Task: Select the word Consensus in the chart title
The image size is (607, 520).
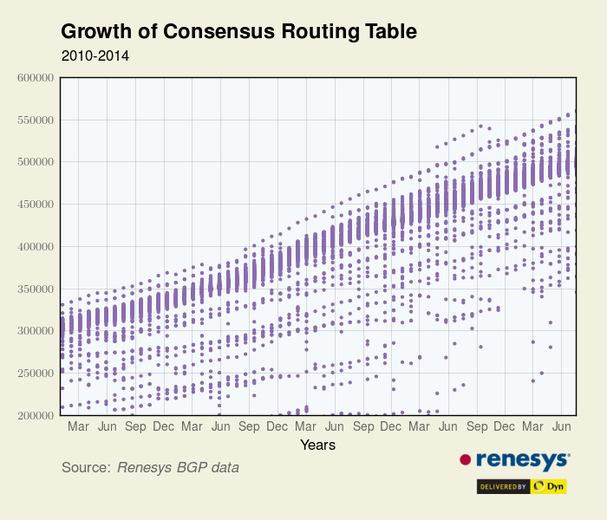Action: click(204, 32)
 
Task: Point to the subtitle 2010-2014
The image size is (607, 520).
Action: click(95, 55)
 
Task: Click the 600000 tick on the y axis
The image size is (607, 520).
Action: click(36, 78)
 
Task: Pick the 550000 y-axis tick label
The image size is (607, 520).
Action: click(36, 120)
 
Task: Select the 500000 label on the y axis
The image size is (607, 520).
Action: click(36, 162)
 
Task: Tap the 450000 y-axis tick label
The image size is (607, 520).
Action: click(36, 205)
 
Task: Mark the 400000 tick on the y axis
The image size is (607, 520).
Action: click(36, 247)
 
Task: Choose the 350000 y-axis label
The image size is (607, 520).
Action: click(36, 289)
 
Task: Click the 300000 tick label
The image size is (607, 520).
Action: click(36, 331)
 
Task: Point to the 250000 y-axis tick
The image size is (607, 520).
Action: click(36, 374)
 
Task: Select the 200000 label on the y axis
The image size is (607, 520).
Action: click(36, 416)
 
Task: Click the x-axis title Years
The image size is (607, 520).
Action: click(317, 445)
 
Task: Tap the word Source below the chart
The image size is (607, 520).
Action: click(86, 468)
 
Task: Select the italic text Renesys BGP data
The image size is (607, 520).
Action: click(178, 468)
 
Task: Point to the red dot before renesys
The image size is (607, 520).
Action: click(465, 459)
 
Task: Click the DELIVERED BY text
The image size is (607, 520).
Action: click(504, 487)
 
